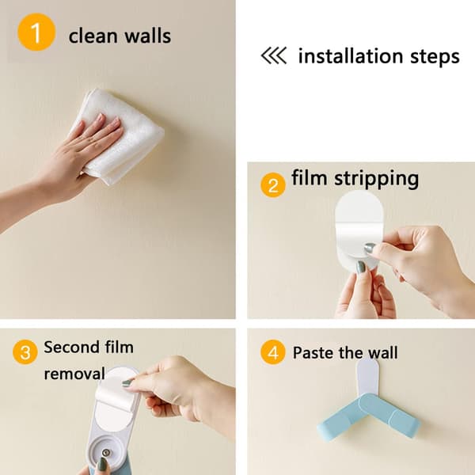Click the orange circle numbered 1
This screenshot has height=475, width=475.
point(36,32)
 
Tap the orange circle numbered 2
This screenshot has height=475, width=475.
point(273,184)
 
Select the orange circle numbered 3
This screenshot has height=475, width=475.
point(25,351)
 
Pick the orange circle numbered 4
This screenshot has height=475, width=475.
point(273,352)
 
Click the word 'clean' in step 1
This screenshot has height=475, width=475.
point(93,36)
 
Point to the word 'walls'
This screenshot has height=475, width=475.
point(148,36)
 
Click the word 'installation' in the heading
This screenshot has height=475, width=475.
point(351,56)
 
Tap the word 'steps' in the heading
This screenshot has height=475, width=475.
point(435,58)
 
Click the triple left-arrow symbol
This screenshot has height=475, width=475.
point(274,55)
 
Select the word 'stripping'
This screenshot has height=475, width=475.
point(376,180)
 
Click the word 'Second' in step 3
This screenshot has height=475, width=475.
point(71,348)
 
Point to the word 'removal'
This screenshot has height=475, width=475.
point(74,373)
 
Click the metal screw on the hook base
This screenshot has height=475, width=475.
point(106,453)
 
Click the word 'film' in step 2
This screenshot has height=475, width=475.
point(310,177)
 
